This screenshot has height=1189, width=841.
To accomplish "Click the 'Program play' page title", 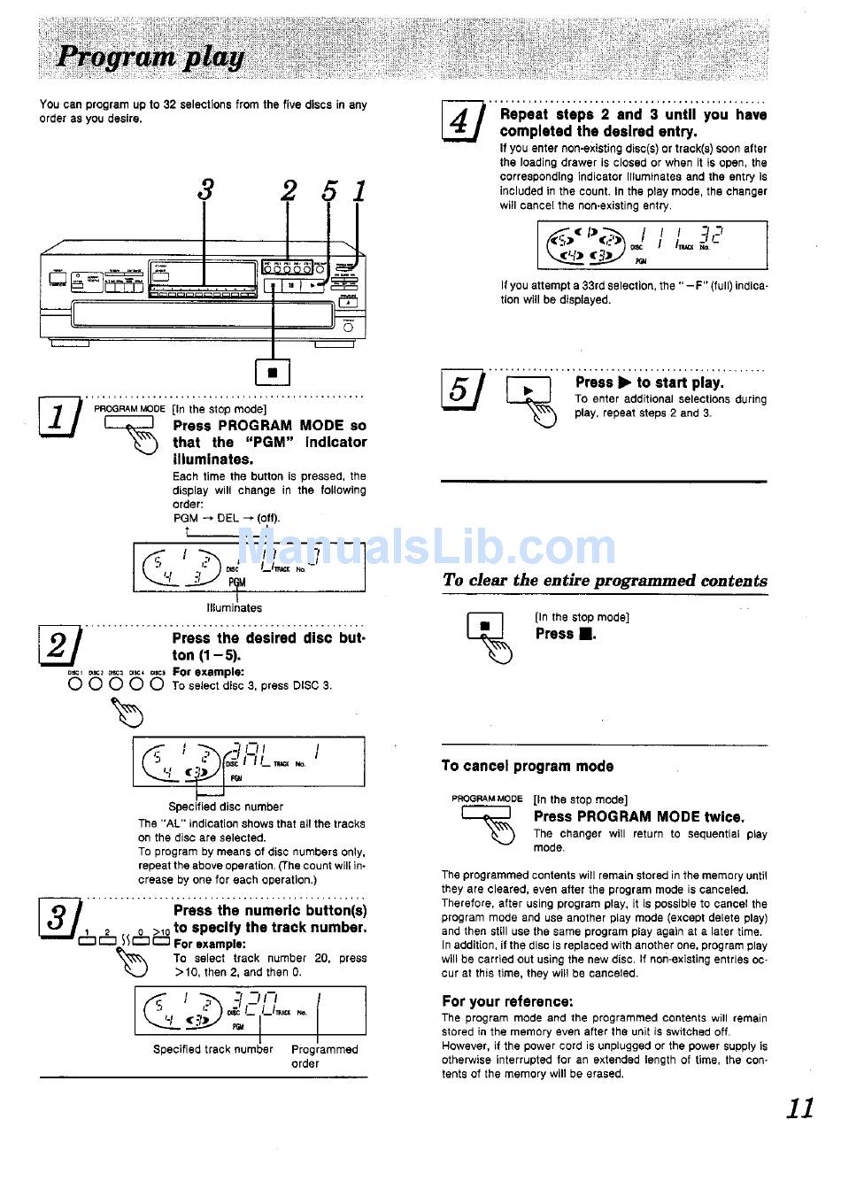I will (x=150, y=58).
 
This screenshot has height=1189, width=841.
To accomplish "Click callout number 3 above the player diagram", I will (x=205, y=189).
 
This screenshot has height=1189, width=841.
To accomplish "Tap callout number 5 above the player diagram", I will (x=329, y=189).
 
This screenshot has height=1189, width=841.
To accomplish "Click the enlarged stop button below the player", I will (x=273, y=373).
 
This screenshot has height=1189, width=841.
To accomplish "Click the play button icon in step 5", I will (x=529, y=390).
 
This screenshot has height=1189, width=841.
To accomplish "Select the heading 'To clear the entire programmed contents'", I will (x=605, y=581).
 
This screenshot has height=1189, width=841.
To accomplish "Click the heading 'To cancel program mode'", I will (x=527, y=766).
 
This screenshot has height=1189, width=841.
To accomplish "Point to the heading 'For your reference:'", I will (x=507, y=1001).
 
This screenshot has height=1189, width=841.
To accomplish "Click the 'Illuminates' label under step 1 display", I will (x=234, y=608).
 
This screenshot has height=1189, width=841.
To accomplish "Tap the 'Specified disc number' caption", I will (x=226, y=807).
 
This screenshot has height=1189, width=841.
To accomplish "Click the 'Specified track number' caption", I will (x=213, y=1049).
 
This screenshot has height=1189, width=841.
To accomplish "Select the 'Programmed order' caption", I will (x=324, y=1056).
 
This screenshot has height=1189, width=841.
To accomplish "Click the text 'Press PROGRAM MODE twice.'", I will (x=639, y=816).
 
